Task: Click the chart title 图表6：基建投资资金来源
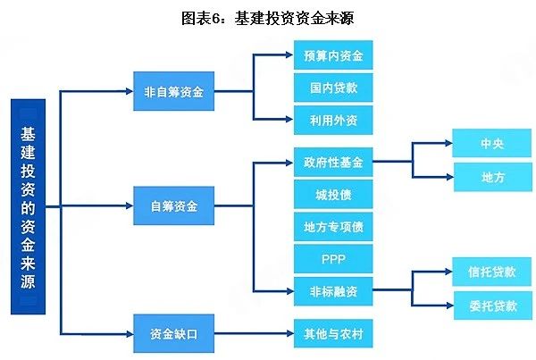tap(268, 17)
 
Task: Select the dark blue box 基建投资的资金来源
tap(28, 207)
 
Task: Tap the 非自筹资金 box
tap(174, 91)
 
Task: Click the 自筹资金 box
tap(174, 207)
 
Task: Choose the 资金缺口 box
tap(174, 336)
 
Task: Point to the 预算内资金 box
tap(332, 55)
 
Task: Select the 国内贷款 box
tap(332, 88)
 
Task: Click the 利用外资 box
tap(332, 120)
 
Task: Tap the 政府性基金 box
tap(332, 163)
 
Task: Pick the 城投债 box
tap(332, 195)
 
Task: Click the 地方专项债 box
tap(332, 227)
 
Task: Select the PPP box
tap(332, 259)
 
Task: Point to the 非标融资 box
tap(332, 290)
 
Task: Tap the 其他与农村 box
tap(332, 336)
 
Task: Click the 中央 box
tap(492, 144)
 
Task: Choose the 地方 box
tap(492, 177)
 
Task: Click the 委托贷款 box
tap(492, 306)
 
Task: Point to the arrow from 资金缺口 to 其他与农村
tap(255, 336)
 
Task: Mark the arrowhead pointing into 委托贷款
tap(446, 306)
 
